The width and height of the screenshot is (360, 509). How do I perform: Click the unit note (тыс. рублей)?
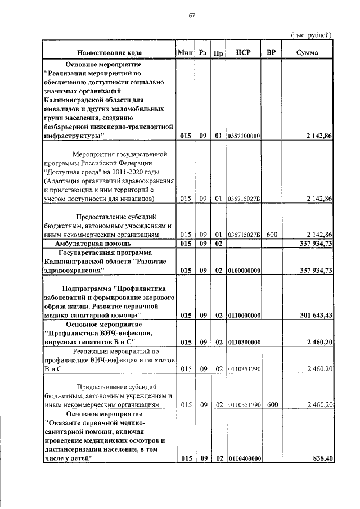[311, 35]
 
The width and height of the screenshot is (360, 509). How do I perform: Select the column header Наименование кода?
[109, 53]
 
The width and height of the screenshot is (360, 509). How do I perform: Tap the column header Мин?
[185, 53]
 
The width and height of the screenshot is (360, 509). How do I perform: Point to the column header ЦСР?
[243, 53]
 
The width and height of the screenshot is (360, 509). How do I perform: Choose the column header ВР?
[271, 53]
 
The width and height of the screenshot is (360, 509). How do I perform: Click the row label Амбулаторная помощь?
[93, 244]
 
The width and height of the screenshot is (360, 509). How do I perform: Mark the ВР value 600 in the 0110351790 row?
[272, 404]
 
